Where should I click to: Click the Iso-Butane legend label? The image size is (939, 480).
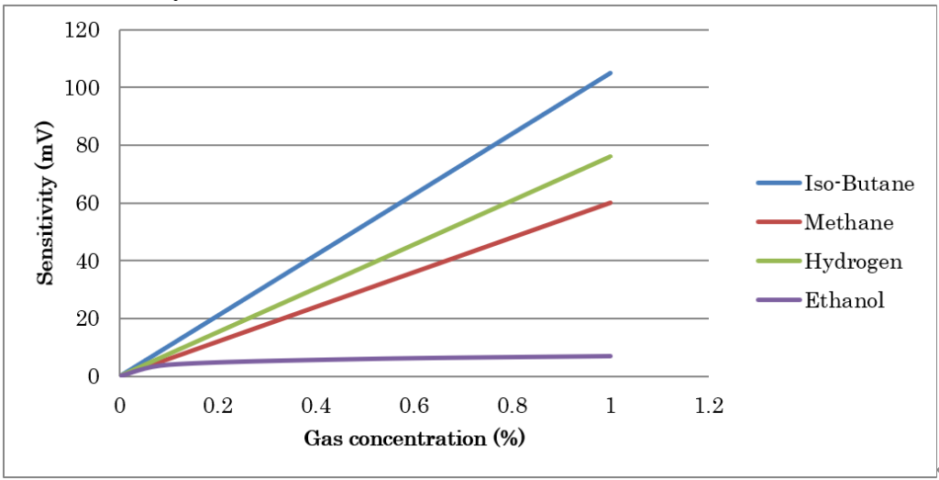click(x=859, y=183)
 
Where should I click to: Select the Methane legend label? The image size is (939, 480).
click(x=848, y=222)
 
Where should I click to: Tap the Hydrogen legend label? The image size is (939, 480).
click(x=853, y=262)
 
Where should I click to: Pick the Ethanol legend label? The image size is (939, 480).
click(x=845, y=300)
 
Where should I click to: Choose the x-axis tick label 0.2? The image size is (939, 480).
click(x=217, y=406)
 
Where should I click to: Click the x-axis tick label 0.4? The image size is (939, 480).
click(x=315, y=406)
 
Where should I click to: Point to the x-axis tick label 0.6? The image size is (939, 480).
click(x=414, y=406)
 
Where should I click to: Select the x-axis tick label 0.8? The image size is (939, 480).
click(x=512, y=406)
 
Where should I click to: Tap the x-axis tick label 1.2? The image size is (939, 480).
click(x=708, y=406)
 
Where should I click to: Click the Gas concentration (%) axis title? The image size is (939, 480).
click(x=414, y=438)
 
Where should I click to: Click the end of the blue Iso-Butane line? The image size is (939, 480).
click(x=611, y=73)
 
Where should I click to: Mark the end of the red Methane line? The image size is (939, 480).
click(x=611, y=202)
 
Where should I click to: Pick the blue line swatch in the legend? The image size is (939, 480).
click(x=778, y=183)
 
